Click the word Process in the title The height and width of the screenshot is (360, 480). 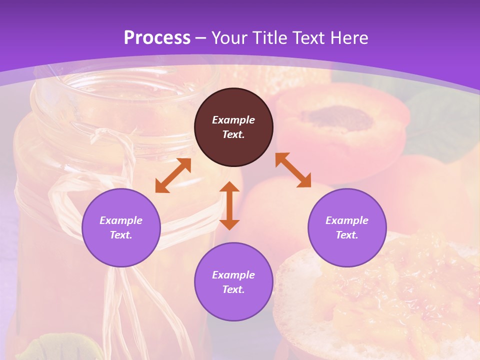157,38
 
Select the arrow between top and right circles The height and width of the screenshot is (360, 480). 293,170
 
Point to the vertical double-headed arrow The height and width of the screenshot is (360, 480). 229,205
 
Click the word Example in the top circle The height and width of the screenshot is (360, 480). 233,120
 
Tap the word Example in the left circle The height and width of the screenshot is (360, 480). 121,220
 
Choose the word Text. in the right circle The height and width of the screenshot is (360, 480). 347,235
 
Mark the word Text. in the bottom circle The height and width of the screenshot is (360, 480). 233,289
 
